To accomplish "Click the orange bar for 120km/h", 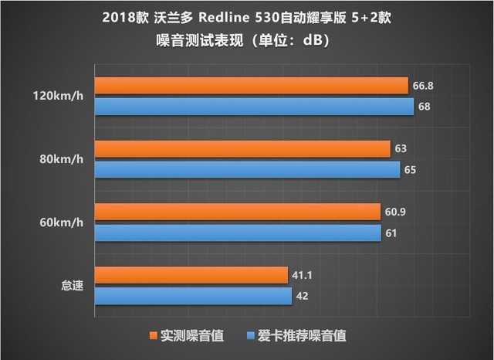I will (x=251, y=86).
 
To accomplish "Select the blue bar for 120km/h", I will (x=254, y=106).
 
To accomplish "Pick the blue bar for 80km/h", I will (x=247, y=169).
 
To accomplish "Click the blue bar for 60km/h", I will (x=238, y=233).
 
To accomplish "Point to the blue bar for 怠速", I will (x=193, y=296).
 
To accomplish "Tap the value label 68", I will (x=424, y=107).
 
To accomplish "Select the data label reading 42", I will (x=304, y=297).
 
